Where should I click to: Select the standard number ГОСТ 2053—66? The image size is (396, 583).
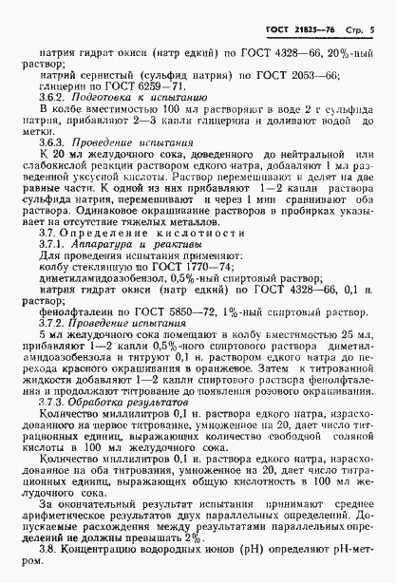287,71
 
